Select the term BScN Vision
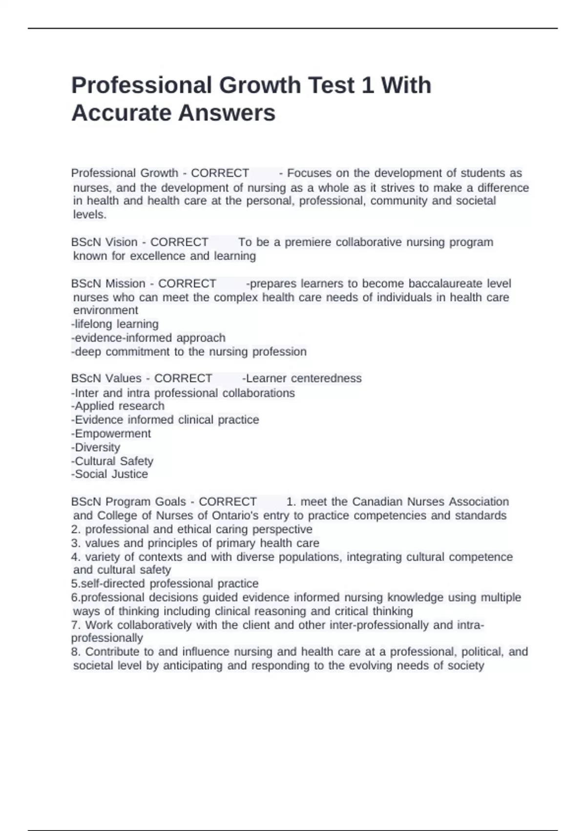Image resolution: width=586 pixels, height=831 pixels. point(104,242)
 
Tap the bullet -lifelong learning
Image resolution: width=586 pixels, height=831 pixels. point(115,324)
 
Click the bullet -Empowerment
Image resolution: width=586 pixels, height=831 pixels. point(111,434)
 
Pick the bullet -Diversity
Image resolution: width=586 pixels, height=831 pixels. point(95,447)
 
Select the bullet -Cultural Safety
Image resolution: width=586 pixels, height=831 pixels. point(112,461)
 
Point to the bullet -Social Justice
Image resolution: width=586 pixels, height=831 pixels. point(109,474)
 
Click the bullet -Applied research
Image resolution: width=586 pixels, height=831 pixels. point(118,406)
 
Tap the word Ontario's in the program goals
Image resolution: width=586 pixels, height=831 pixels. point(235,516)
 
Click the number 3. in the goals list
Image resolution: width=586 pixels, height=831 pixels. point(76,543)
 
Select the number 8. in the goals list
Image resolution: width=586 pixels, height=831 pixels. point(76,652)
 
